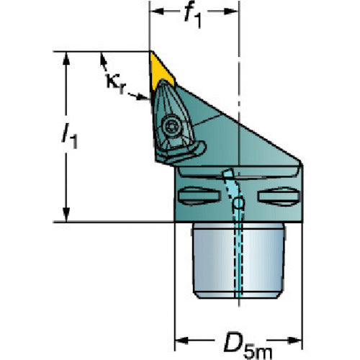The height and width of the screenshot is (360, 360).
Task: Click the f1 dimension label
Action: click(192, 17)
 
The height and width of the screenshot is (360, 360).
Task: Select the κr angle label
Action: click(116, 84)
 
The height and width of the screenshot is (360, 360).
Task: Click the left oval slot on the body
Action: click(199, 196)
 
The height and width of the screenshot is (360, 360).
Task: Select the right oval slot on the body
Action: click(279, 197)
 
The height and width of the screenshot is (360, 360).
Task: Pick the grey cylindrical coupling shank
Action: click(238, 261)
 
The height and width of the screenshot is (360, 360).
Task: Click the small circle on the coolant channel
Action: click(238, 203)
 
